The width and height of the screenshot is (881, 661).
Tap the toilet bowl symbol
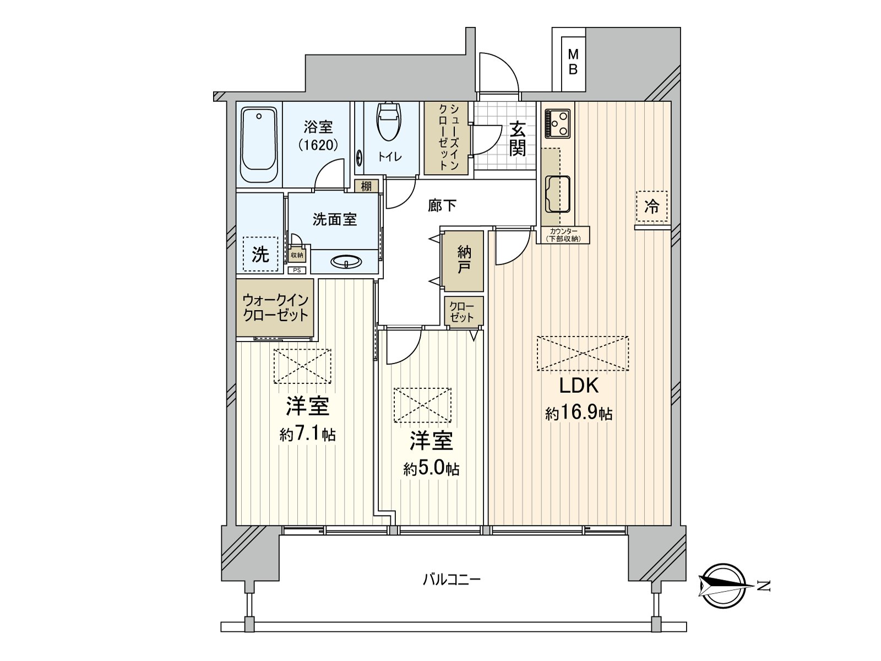click(389, 121)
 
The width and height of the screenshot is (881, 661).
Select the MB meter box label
click(573, 62)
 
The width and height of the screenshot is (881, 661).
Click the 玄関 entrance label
click(517, 139)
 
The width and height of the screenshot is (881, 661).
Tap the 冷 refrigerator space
click(651, 207)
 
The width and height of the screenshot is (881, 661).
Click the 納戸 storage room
click(464, 261)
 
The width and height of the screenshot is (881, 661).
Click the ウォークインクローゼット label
click(275, 308)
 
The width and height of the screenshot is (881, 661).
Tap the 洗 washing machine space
click(260, 254)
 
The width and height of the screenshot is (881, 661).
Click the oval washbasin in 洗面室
click(346, 262)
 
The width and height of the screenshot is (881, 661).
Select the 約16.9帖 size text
click(579, 413)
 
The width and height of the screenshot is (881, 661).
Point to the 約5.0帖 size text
click(431, 469)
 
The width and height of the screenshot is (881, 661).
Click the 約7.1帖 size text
click(307, 435)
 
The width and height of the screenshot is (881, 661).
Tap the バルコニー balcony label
click(452, 579)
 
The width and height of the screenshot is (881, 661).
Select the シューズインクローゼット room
click(446, 138)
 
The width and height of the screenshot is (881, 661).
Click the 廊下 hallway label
click(442, 206)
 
